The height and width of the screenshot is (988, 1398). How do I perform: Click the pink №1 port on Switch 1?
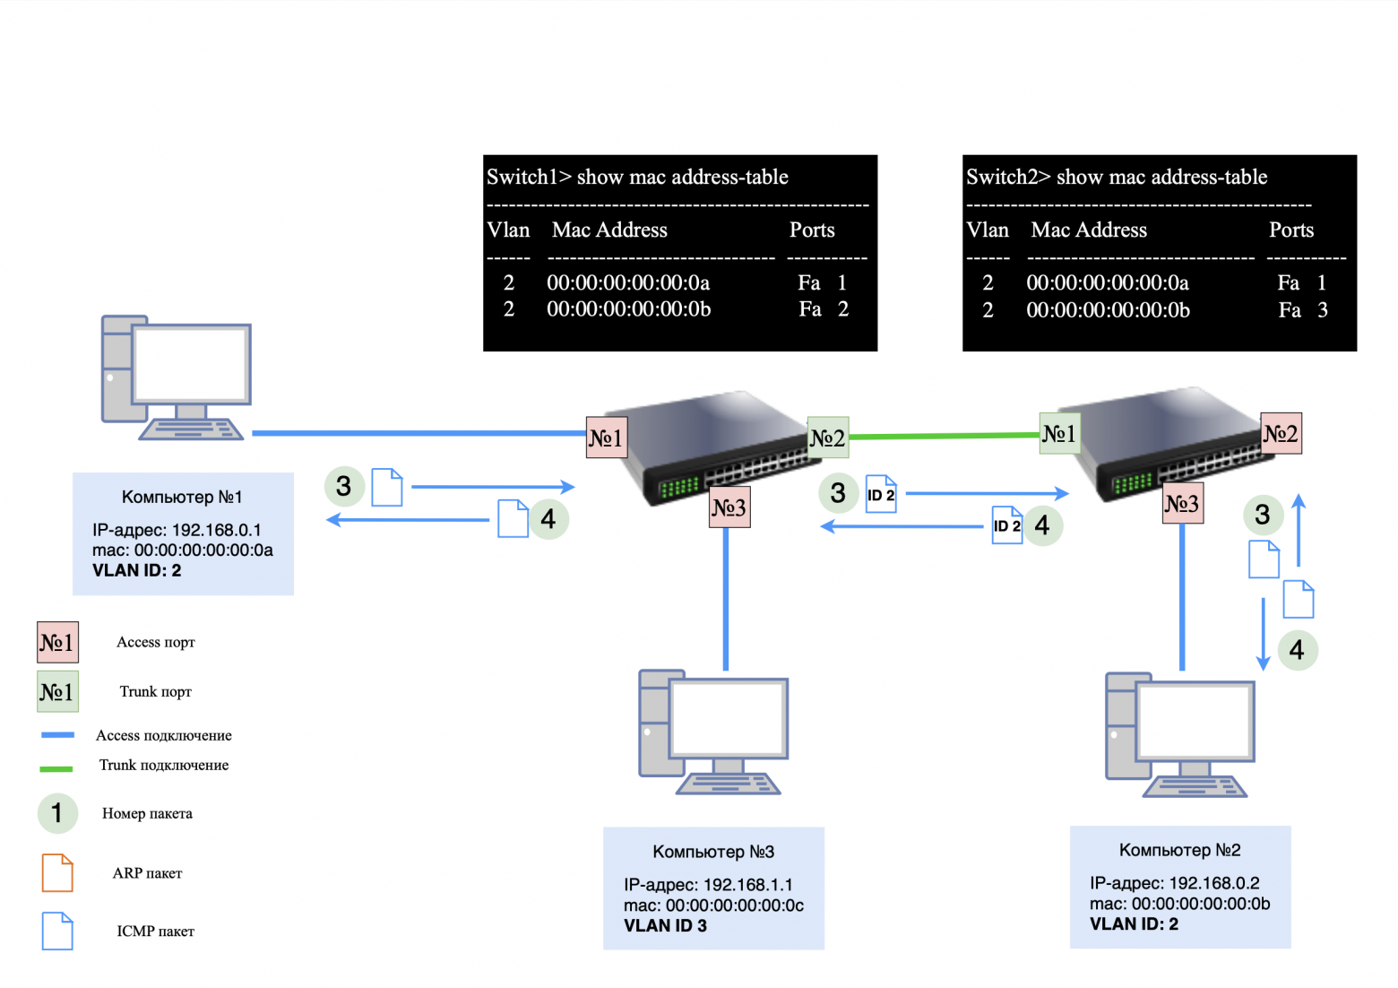606,438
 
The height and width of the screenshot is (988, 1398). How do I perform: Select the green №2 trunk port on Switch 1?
827,438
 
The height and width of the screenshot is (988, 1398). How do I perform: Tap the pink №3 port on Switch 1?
729,507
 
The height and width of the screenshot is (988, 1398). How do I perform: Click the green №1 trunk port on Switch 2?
1058,434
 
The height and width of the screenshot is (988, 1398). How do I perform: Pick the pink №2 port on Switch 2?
1281,434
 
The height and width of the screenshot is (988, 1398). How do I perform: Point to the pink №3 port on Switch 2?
1182,504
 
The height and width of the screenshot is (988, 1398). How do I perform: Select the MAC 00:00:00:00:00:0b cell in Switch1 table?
628,309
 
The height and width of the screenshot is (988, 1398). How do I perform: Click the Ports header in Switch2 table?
1290,230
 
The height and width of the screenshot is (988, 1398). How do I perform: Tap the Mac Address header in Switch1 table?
609,230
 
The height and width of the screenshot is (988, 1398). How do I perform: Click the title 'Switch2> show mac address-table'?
1116,178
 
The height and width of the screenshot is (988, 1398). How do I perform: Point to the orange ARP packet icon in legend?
57,873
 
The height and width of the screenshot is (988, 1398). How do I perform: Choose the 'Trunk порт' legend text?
155,691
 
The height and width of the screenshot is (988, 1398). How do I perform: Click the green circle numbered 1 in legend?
57,813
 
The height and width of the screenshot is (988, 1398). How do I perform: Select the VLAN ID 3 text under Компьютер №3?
665,926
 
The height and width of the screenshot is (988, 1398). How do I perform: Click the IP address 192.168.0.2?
1174,883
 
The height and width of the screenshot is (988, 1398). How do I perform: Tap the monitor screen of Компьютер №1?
190,363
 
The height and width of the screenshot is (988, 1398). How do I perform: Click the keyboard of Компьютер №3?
728,784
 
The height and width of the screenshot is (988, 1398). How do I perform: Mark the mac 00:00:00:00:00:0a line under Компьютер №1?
182,550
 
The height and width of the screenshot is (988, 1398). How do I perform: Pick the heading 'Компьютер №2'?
1179,850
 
